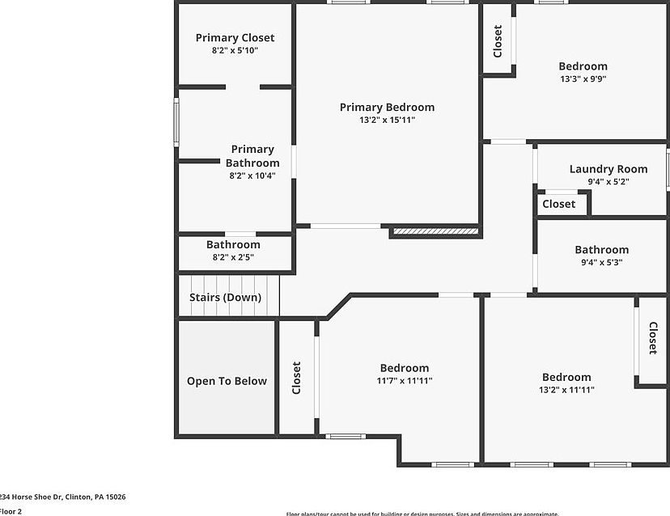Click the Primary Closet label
[x=235, y=37]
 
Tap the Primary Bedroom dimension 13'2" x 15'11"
[x=387, y=120]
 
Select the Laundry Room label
[x=609, y=169]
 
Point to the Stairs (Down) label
[x=225, y=297]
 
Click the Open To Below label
[x=227, y=381]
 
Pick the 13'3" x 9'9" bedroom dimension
[x=583, y=79]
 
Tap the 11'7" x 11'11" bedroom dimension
[x=405, y=381]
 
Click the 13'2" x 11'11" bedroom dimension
[x=566, y=390]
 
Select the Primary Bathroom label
[x=252, y=155]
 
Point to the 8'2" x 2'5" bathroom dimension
[x=233, y=257]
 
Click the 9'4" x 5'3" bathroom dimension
[x=601, y=262]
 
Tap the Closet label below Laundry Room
[x=559, y=204]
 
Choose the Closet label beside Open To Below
[x=296, y=378]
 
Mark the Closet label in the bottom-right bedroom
[x=652, y=338]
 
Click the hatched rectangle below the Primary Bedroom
[x=435, y=232]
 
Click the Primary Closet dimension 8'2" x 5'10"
[x=235, y=50]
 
